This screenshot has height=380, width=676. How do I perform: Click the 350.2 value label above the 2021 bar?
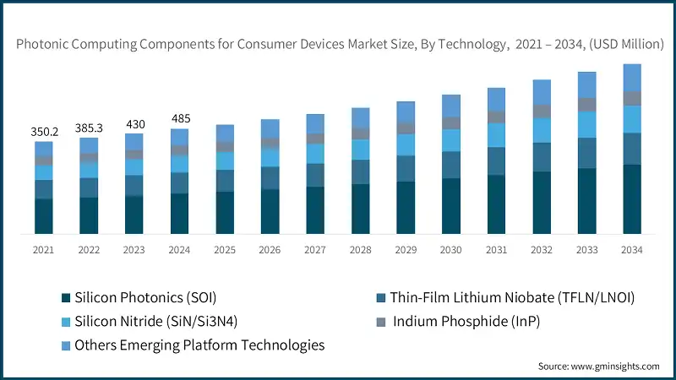(x=44, y=132)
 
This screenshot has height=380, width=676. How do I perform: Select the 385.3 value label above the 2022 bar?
(x=89, y=128)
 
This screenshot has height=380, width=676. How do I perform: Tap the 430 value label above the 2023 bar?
(x=134, y=123)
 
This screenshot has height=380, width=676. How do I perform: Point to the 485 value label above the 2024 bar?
(x=179, y=118)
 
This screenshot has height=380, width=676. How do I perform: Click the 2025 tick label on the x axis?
(x=225, y=250)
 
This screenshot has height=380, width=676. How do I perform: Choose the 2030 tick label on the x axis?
(x=451, y=250)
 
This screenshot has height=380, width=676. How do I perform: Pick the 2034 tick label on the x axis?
(x=632, y=250)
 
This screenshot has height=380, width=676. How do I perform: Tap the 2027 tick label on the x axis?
(x=315, y=250)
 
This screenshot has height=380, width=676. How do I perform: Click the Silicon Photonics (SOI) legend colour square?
(x=66, y=298)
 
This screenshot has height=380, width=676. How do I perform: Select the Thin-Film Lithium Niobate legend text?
(x=512, y=297)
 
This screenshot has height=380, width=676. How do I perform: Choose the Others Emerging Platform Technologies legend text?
(x=199, y=345)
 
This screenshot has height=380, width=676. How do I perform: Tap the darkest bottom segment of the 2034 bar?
(x=632, y=198)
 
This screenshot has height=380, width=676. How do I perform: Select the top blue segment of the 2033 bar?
(x=586, y=84)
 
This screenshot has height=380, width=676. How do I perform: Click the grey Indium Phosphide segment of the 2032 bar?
(x=542, y=111)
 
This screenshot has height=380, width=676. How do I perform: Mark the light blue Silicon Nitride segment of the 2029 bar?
(x=406, y=144)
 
